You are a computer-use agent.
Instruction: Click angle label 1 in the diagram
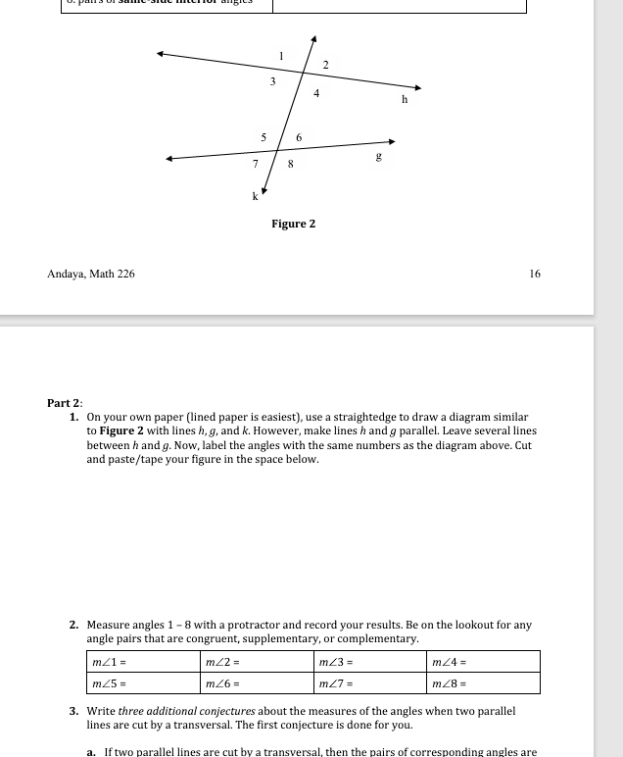(282, 57)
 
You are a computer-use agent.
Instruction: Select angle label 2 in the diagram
(326, 65)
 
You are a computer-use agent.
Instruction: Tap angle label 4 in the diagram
(316, 94)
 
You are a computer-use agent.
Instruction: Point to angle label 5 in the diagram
(263, 137)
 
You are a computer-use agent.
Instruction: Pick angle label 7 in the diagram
(255, 164)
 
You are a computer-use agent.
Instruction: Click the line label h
(405, 99)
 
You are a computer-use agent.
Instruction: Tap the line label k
(256, 197)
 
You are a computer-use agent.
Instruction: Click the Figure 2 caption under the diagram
(294, 224)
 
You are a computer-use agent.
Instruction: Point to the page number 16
(534, 274)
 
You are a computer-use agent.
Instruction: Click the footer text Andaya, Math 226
(91, 274)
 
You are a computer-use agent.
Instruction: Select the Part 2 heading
(65, 403)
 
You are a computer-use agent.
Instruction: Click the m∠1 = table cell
(142, 662)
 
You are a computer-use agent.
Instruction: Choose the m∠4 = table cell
(484, 662)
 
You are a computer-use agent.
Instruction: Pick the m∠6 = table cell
(256, 683)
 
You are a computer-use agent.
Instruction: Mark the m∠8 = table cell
(484, 683)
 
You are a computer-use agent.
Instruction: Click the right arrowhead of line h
(418, 86)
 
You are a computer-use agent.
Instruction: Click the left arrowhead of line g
(169, 158)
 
